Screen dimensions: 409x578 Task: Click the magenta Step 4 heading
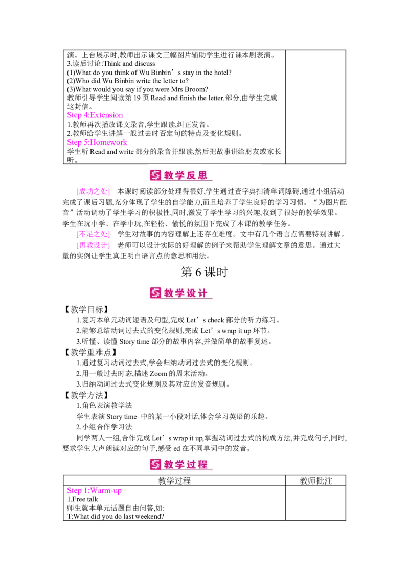coord(95,115)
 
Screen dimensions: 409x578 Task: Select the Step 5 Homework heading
coord(97,143)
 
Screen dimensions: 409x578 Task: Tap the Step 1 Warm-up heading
coord(94,491)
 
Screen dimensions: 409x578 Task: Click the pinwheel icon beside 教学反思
coord(155,175)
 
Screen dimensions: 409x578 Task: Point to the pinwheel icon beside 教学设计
coord(155,293)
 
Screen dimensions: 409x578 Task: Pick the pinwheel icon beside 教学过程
coord(155,465)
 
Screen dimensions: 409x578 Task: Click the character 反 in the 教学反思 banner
coord(192,176)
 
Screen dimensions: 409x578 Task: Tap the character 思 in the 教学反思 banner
coord(203,176)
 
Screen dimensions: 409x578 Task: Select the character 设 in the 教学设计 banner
coord(192,294)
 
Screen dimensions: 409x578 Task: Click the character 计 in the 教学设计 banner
coord(203,294)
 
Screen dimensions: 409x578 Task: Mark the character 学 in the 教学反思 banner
coord(180,176)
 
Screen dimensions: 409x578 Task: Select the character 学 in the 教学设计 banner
coord(180,294)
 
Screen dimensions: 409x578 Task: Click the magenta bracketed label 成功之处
coord(93,191)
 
